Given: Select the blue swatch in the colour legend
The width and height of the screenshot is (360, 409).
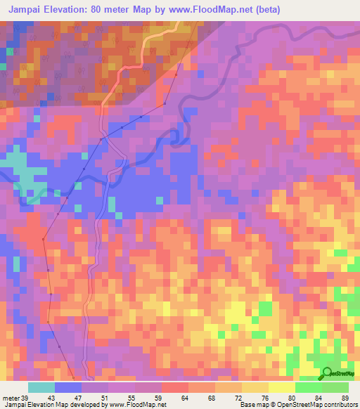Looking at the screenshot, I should (x=67, y=387).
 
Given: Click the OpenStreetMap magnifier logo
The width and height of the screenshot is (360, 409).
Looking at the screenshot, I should (x=328, y=373).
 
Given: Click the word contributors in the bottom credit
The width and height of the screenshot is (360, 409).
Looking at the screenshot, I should (x=340, y=404).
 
